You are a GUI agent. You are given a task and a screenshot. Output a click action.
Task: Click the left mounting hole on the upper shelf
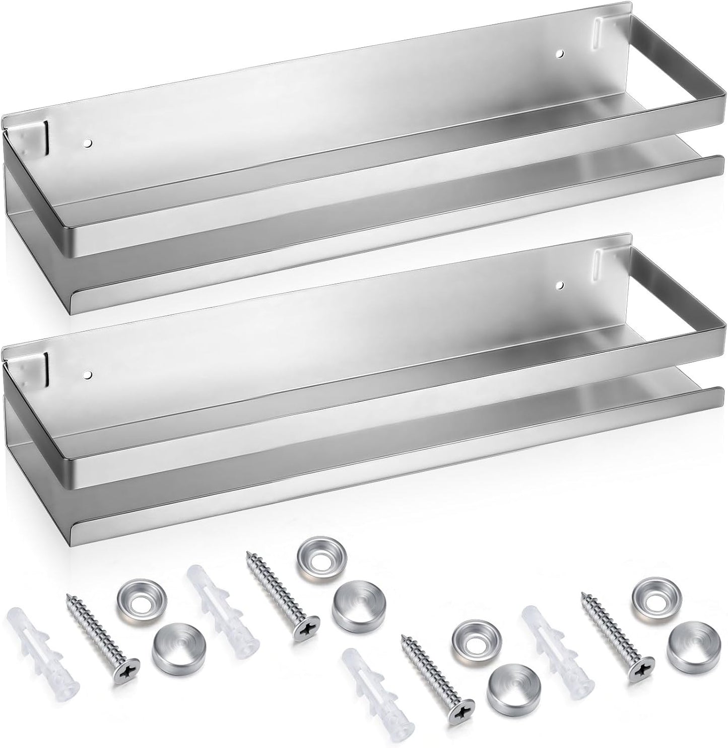click(x=88, y=144)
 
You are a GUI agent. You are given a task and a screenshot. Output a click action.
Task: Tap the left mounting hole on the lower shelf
click(x=88, y=375)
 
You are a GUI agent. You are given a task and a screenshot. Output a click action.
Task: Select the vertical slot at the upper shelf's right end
click(x=597, y=34)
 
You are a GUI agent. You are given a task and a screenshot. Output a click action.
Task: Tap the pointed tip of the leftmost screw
click(x=68, y=597)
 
